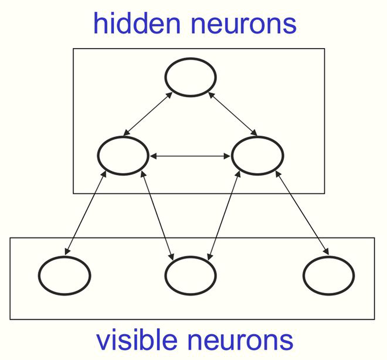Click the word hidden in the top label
click(x=137, y=23)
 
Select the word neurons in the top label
click(x=244, y=26)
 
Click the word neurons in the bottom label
click(x=241, y=342)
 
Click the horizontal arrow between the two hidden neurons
click(x=190, y=156)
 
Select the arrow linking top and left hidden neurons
click(x=148, y=114)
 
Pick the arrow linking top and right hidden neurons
click(x=233, y=114)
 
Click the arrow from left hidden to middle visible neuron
click(x=157, y=216)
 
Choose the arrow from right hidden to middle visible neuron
click(x=224, y=216)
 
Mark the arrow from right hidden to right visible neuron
click(x=302, y=213)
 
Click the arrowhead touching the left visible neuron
click(x=67, y=251)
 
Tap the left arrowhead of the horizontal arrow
click(x=153, y=156)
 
